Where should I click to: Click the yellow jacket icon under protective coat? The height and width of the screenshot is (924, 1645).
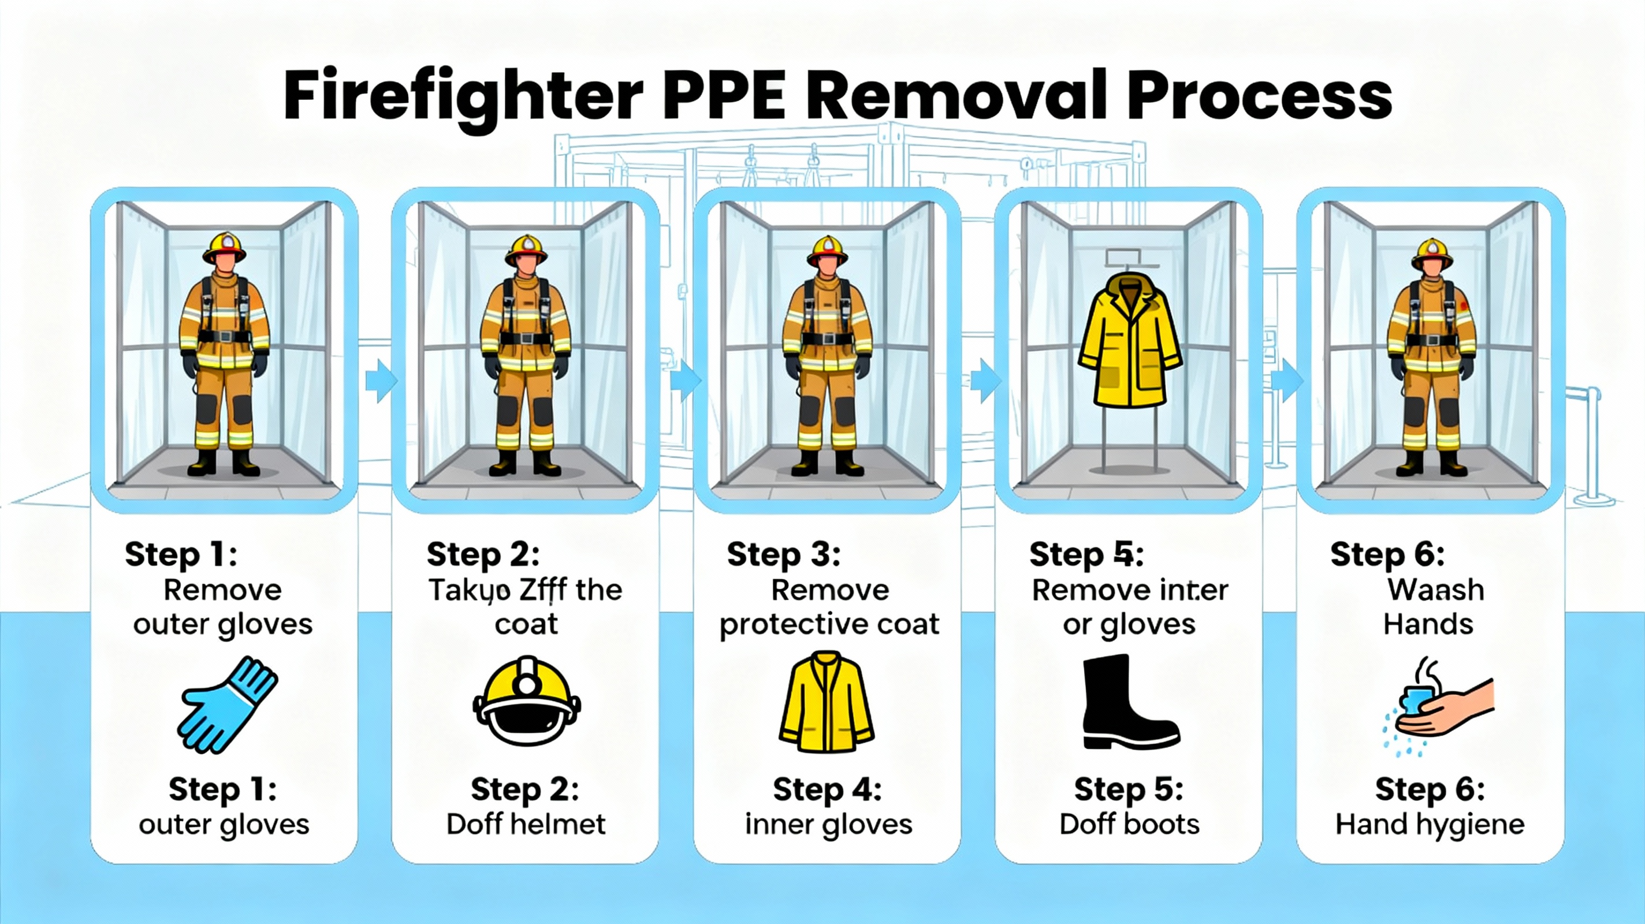click(x=827, y=702)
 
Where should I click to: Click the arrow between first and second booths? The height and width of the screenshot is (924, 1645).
click(x=381, y=381)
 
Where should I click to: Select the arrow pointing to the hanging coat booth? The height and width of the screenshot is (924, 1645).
click(x=985, y=381)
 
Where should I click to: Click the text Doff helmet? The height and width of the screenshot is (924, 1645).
click(x=526, y=825)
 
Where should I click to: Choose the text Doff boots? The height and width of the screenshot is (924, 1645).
click(x=1129, y=825)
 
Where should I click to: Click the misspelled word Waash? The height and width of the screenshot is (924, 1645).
click(x=1435, y=590)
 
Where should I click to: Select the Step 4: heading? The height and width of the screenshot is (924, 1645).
click(x=827, y=790)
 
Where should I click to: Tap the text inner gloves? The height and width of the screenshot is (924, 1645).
click(x=828, y=825)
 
